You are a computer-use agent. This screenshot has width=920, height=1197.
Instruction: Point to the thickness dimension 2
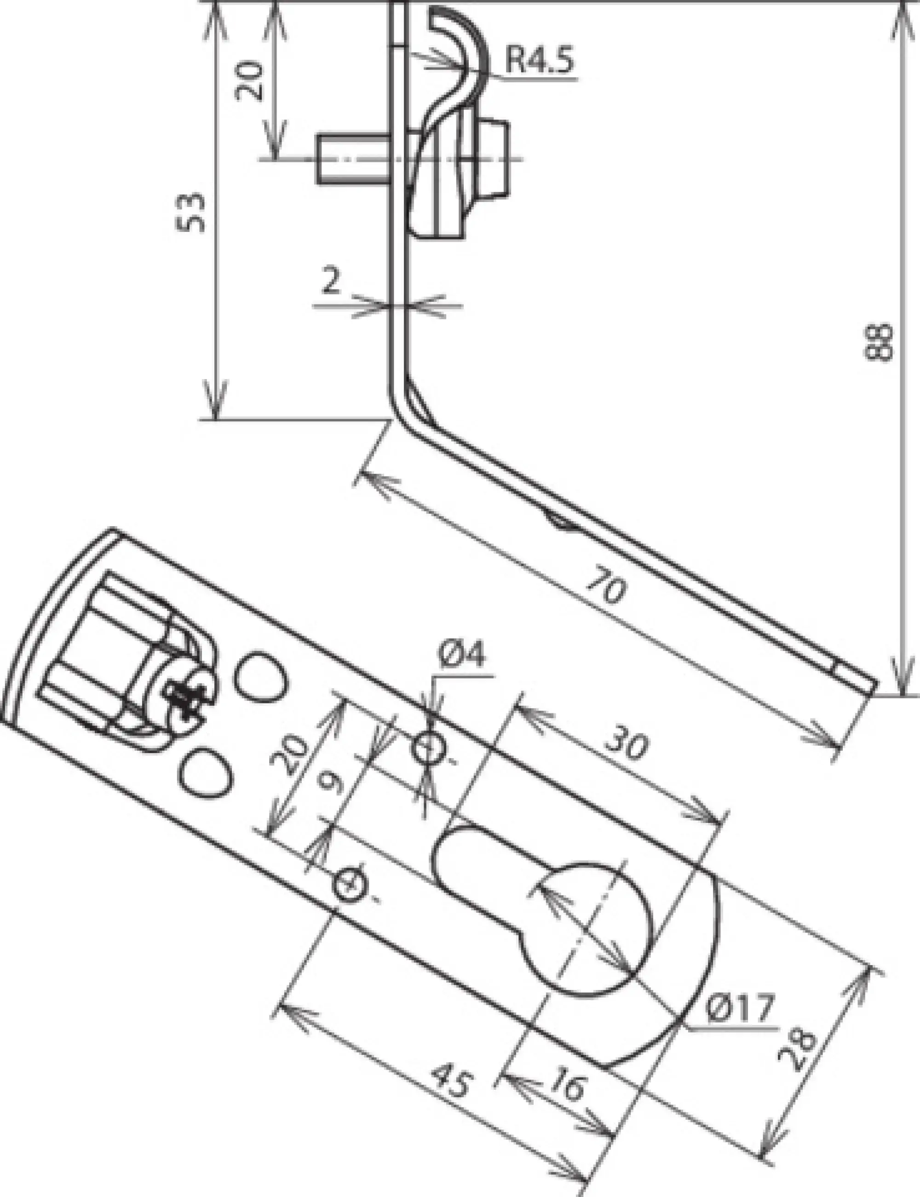pyautogui.click(x=330, y=282)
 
